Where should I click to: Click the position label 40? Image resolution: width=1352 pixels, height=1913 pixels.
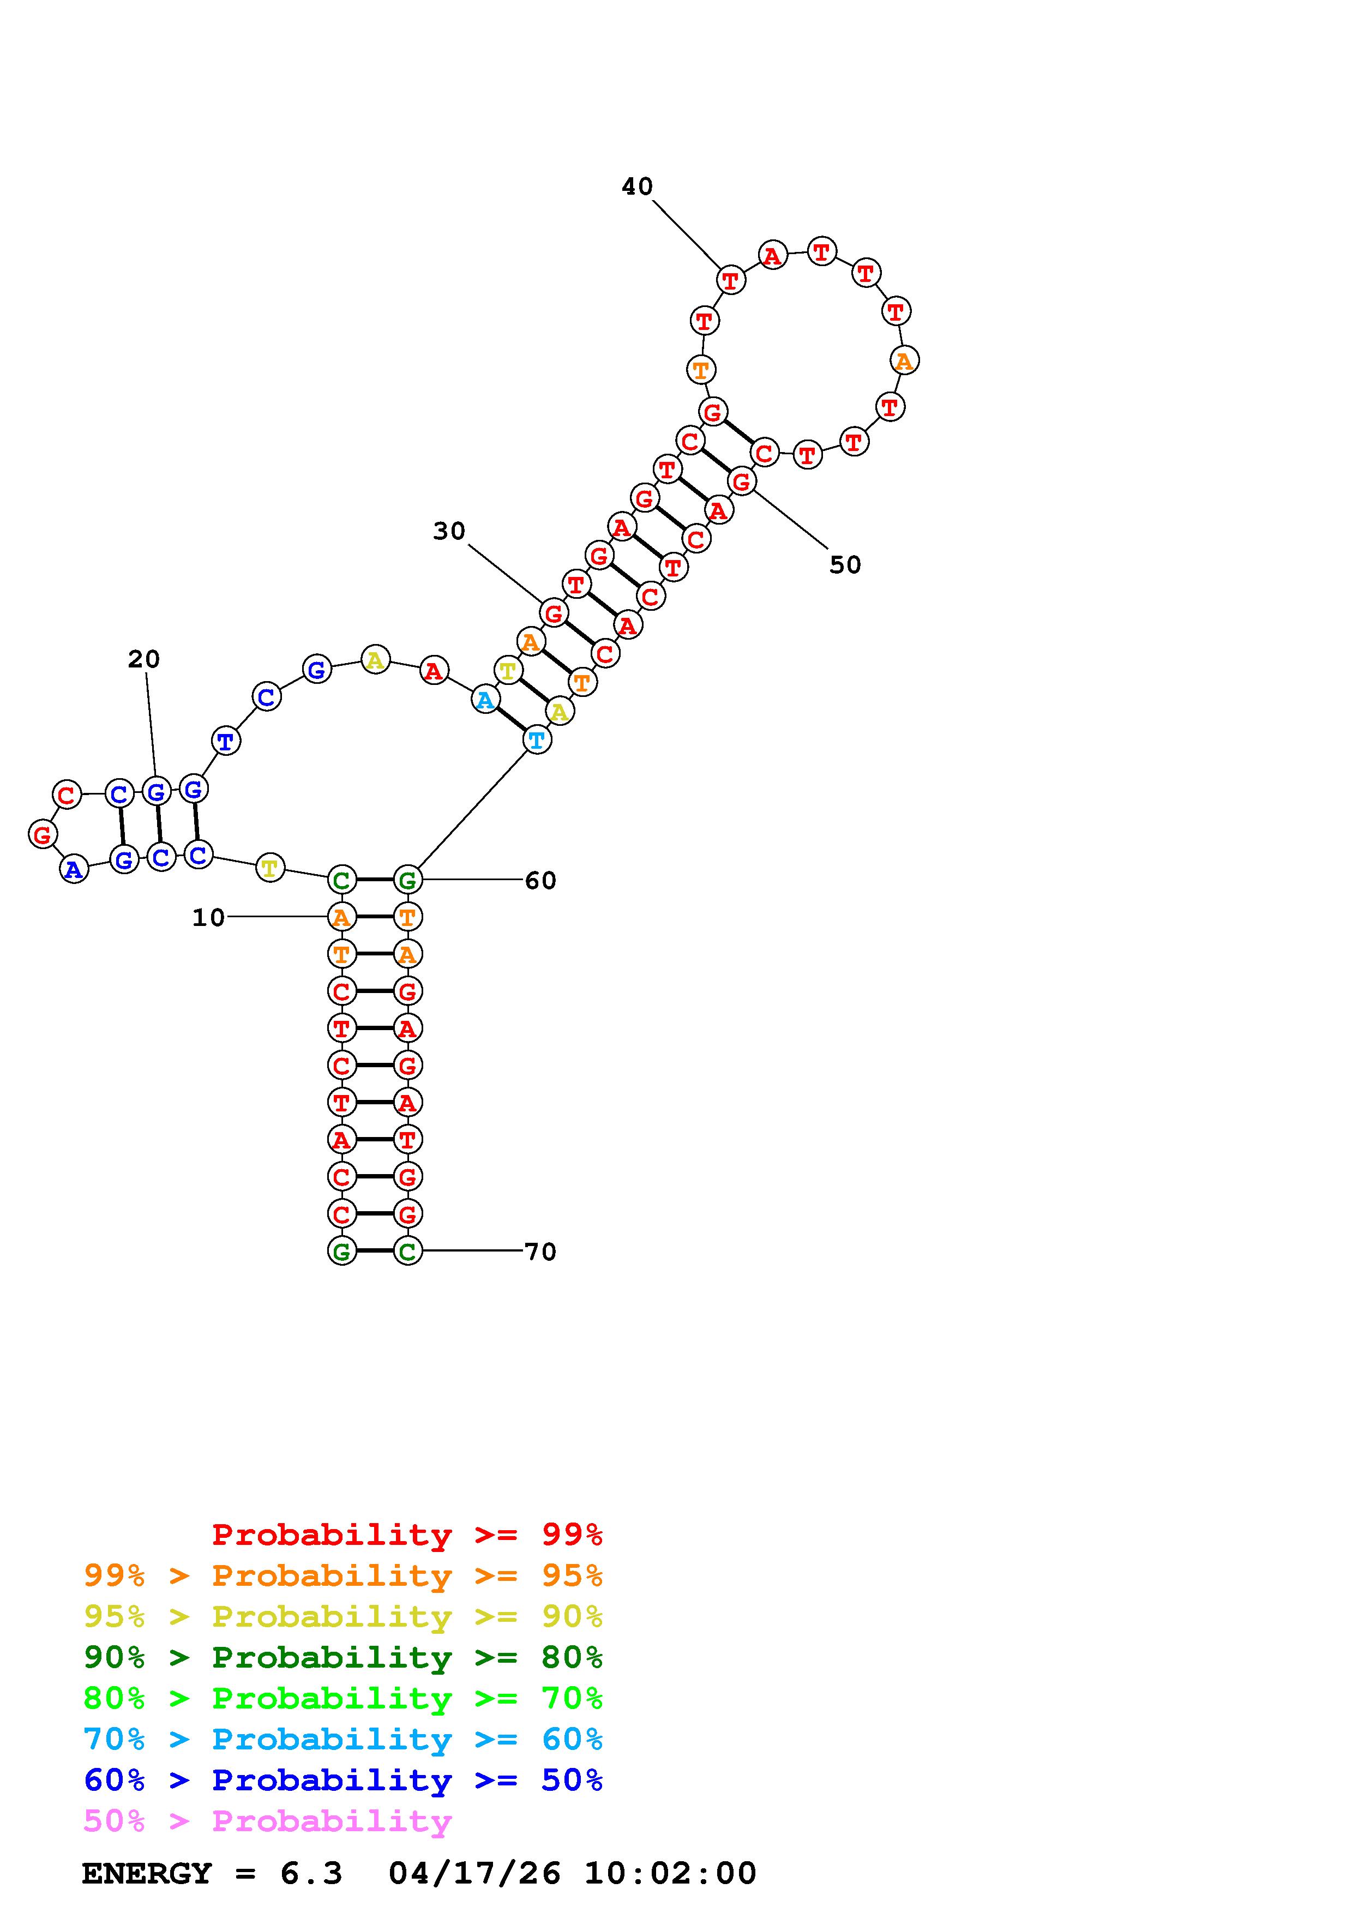(636, 187)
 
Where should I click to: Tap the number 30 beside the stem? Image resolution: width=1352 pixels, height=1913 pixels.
(448, 531)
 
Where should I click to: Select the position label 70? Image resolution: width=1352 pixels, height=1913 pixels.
(540, 1252)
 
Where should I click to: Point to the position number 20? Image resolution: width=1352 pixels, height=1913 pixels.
(143, 659)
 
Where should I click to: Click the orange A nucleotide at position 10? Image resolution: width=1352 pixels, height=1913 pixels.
(341, 917)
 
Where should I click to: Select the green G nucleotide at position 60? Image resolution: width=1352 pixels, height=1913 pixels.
(406, 879)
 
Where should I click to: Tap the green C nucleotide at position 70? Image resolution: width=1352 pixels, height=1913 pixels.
(406, 1250)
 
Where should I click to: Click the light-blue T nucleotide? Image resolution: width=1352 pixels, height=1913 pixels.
(537, 739)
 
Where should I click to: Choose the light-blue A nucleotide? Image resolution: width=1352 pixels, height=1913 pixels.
(485, 699)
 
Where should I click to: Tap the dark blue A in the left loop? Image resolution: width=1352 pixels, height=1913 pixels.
(74, 869)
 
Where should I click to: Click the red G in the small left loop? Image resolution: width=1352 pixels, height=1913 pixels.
(43, 833)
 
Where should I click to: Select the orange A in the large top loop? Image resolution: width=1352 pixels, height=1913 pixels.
(904, 361)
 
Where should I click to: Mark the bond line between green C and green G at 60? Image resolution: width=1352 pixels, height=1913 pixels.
(374, 879)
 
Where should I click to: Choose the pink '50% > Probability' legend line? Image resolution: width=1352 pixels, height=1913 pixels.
(267, 1820)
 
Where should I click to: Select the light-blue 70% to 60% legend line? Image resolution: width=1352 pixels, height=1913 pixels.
(342, 1739)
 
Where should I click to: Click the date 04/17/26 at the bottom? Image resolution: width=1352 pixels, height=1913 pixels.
(474, 1873)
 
